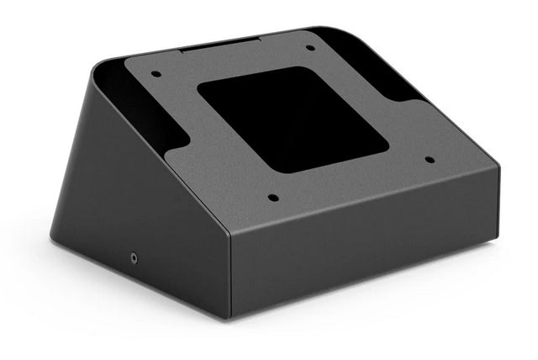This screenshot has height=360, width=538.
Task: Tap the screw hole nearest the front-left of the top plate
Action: tap(273, 199)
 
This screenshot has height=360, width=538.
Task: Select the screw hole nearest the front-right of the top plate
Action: tap(430, 159)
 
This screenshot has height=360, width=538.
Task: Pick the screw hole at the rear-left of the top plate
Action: tap(156, 74)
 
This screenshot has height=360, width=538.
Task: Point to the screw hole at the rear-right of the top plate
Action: tap(310, 47)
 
